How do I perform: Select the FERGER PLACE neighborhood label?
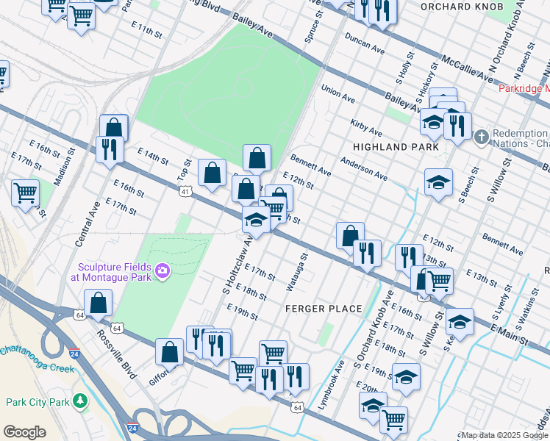324,309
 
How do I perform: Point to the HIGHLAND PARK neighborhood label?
396,147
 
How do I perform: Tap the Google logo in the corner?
24,431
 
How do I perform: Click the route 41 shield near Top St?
185,191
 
